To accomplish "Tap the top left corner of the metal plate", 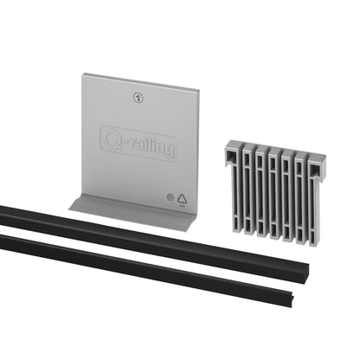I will pos(84,75).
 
